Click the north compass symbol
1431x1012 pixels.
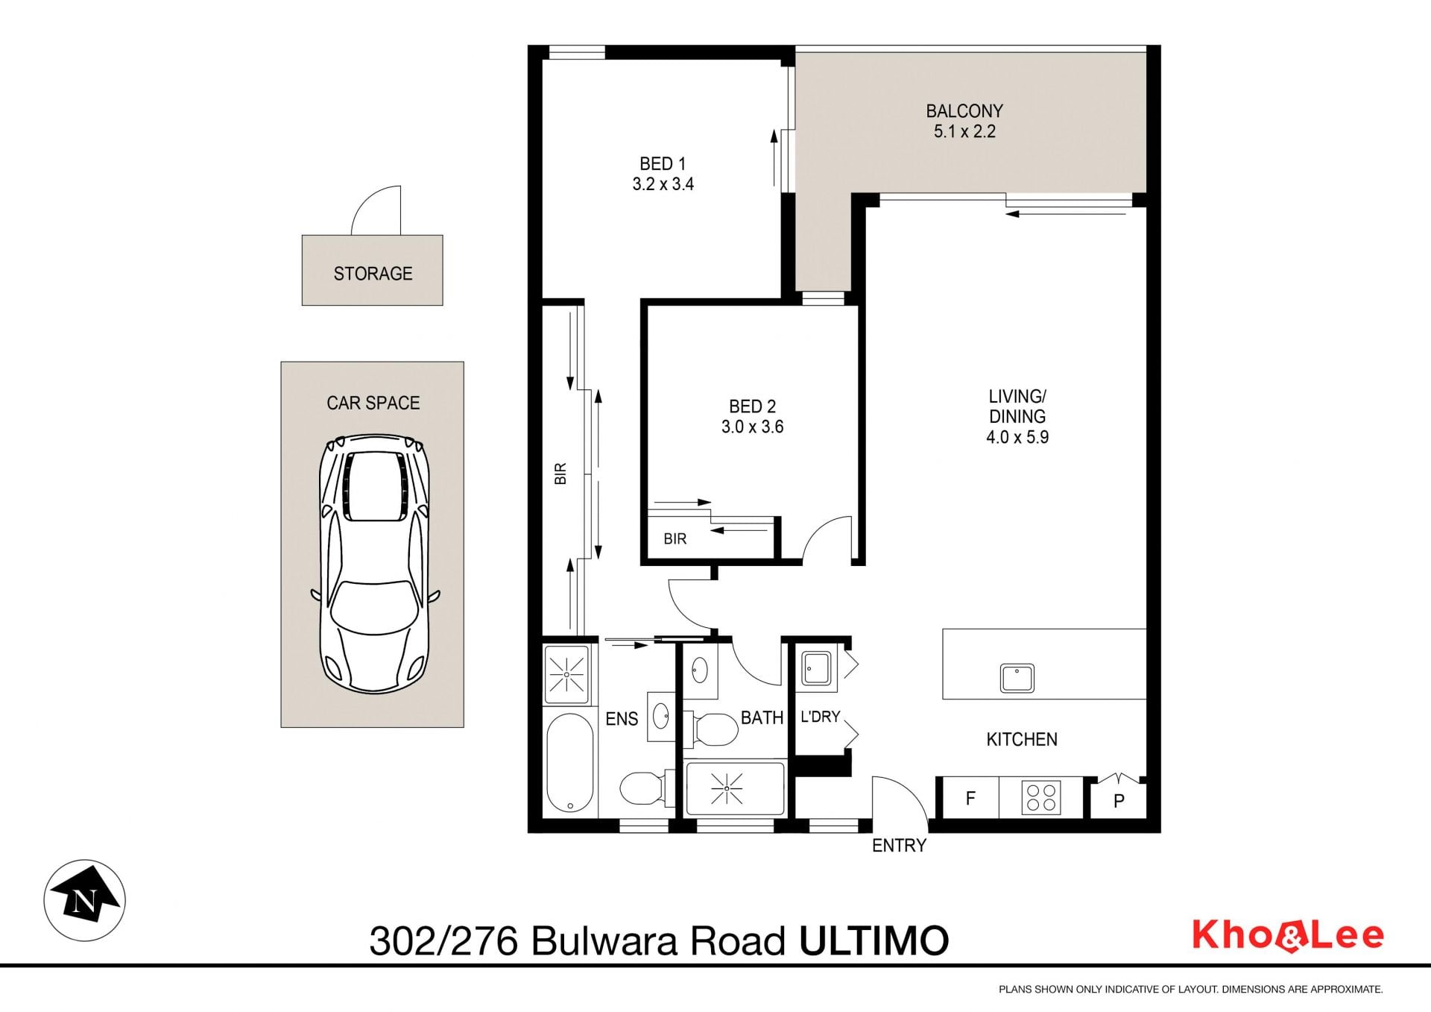tap(84, 900)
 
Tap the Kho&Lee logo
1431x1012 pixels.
tap(1288, 936)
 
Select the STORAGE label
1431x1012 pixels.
tap(373, 274)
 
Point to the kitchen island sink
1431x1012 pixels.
tap(1017, 678)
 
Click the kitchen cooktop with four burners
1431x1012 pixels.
tap(1041, 797)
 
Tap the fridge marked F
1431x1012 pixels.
tap(970, 798)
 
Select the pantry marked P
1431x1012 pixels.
tap(1118, 799)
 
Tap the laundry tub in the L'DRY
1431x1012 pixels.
tap(816, 669)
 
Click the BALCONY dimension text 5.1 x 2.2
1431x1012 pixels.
tap(964, 132)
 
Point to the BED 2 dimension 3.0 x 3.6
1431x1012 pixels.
tap(752, 427)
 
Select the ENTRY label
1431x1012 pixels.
tap(899, 846)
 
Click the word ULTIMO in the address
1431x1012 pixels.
tap(874, 941)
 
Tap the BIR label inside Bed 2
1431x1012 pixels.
tap(675, 538)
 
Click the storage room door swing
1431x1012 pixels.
tap(376, 210)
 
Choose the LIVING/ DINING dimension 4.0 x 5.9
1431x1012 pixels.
tap(1017, 438)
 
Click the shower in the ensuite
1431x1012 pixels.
tap(567, 674)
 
